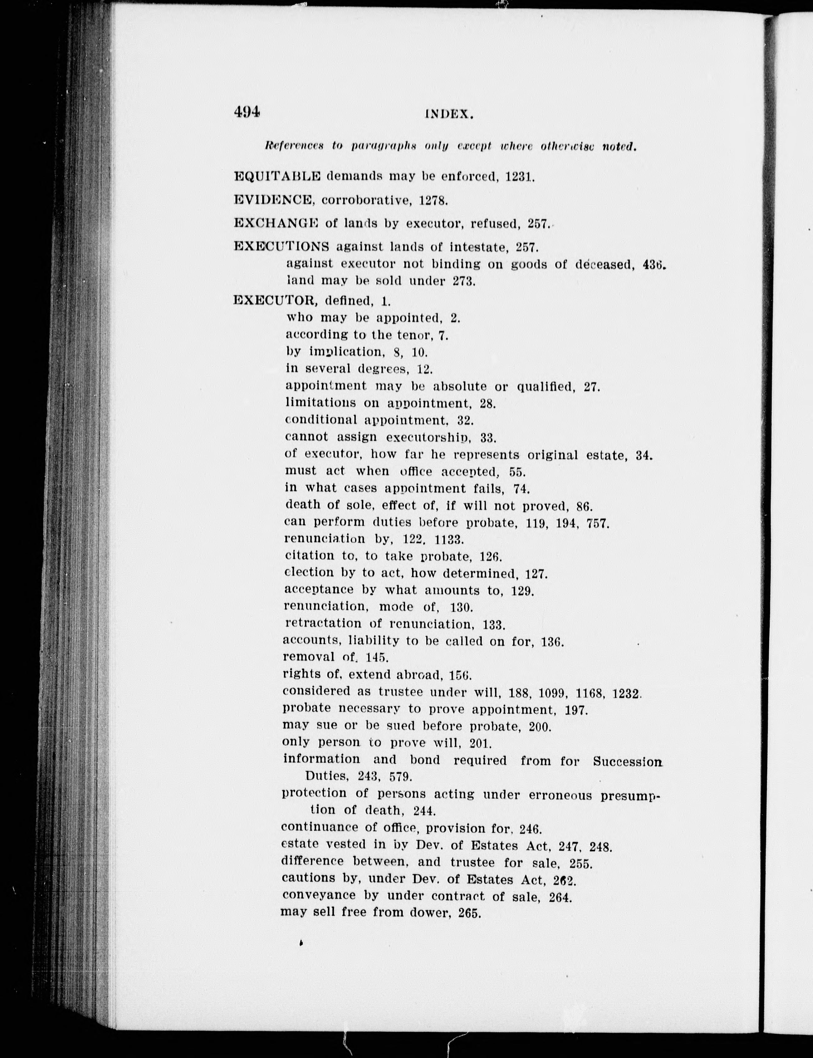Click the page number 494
tap(247, 112)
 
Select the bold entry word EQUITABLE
tap(277, 176)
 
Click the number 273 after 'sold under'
tap(464, 281)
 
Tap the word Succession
tap(627, 761)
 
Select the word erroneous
tap(560, 795)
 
